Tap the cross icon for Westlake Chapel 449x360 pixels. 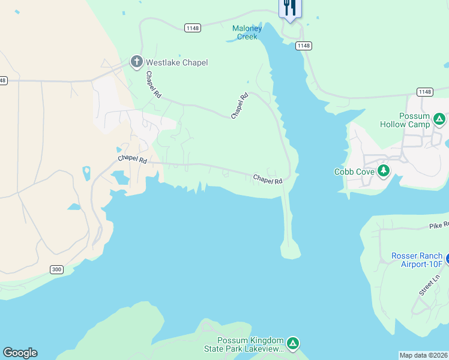pyautogui.click(x=136, y=62)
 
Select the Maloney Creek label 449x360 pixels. pyautogui.click(x=247, y=32)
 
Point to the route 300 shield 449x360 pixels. pyautogui.click(x=56, y=270)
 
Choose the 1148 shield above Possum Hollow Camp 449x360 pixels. pyautogui.click(x=424, y=91)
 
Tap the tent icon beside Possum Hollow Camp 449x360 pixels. pyautogui.click(x=439, y=119)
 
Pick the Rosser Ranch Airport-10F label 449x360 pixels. pyautogui.click(x=417, y=260)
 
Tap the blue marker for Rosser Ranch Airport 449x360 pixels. pyautogui.click(x=447, y=259)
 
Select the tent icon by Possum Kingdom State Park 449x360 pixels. pyautogui.click(x=292, y=344)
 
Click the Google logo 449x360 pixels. pyautogui.click(x=20, y=353)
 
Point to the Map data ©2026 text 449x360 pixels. pyautogui.click(x=423, y=355)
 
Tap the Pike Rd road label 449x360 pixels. pyautogui.click(x=438, y=226)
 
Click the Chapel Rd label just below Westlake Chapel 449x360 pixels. pyautogui.click(x=154, y=85)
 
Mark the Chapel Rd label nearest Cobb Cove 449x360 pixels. pyautogui.click(x=267, y=179)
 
